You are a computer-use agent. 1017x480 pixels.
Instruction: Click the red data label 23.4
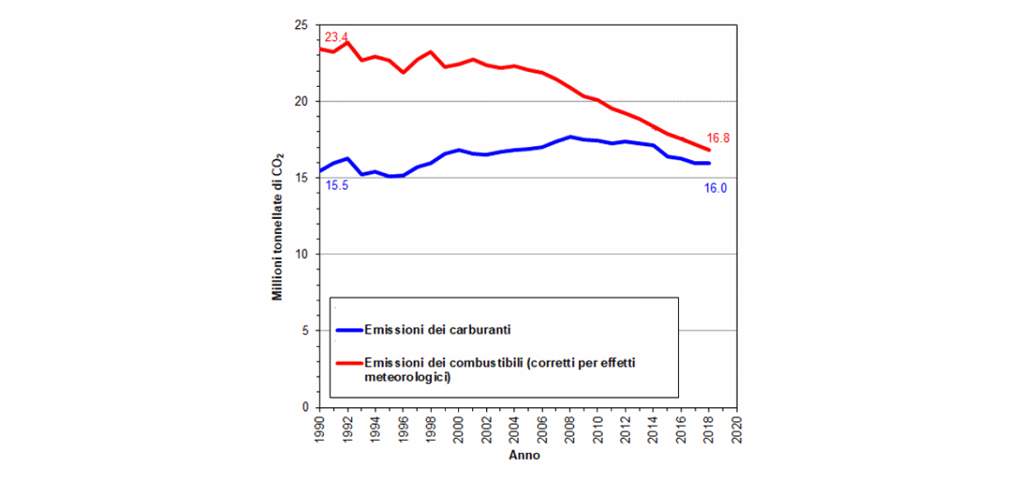click(336, 38)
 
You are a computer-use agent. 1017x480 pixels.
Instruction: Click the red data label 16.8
click(717, 138)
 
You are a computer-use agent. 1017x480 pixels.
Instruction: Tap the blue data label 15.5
click(337, 186)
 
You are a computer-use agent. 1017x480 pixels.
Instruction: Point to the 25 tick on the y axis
click(301, 25)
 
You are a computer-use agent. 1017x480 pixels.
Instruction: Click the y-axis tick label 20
click(301, 102)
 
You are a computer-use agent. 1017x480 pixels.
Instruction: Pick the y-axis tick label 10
click(301, 255)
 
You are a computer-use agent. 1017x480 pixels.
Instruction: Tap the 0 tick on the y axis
click(305, 407)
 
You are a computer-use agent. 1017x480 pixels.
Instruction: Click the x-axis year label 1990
click(319, 428)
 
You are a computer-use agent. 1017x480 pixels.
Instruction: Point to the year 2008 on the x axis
click(569, 428)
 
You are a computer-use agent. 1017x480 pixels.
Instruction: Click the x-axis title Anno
click(524, 457)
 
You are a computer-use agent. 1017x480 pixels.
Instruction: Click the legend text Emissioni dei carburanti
click(438, 330)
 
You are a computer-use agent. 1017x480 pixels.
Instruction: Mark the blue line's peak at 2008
click(570, 137)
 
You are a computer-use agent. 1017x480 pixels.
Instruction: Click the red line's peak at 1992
click(347, 41)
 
